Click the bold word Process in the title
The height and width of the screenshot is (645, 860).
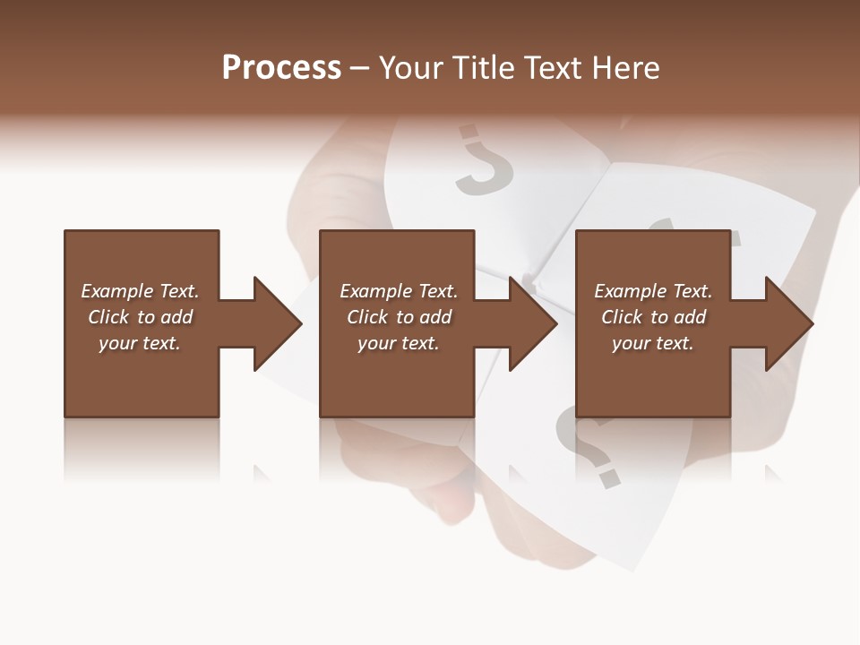click(x=281, y=68)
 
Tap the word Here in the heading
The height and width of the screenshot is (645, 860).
click(x=624, y=68)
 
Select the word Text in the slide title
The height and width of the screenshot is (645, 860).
click(x=553, y=68)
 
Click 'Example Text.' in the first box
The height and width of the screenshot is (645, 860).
click(x=140, y=291)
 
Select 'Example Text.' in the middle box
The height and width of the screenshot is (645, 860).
click(x=399, y=291)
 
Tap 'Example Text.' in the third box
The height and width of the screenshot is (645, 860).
click(x=653, y=291)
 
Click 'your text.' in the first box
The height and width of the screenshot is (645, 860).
click(x=140, y=343)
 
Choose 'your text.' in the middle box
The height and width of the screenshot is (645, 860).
click(x=399, y=343)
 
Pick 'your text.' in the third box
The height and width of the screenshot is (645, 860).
click(x=653, y=343)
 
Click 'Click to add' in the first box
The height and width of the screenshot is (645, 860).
click(x=140, y=317)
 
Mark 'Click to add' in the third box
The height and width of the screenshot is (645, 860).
click(x=653, y=317)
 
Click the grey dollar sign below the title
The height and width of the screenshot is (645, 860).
click(x=482, y=161)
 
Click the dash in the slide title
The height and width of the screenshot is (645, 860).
click(x=359, y=69)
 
